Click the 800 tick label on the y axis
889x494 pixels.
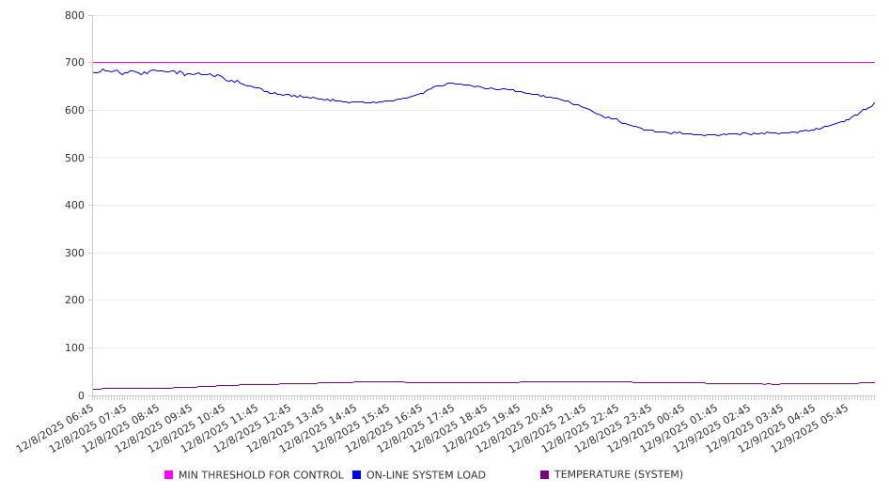click(x=75, y=16)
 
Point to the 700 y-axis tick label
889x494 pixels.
click(x=75, y=63)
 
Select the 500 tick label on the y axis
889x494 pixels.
click(x=75, y=158)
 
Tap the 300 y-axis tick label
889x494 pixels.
click(x=75, y=253)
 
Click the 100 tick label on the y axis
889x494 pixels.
click(x=75, y=348)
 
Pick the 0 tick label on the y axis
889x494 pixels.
click(x=82, y=395)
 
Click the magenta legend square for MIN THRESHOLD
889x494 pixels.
click(x=169, y=475)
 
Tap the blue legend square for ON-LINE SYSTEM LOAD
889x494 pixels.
click(x=357, y=475)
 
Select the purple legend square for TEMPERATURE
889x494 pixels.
click(x=545, y=475)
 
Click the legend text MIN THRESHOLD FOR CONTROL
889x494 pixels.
click(x=260, y=475)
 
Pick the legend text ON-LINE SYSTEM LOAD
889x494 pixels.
click(x=426, y=475)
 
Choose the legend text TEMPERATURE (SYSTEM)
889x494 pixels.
click(x=618, y=475)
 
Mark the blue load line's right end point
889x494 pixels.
click(x=875, y=102)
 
